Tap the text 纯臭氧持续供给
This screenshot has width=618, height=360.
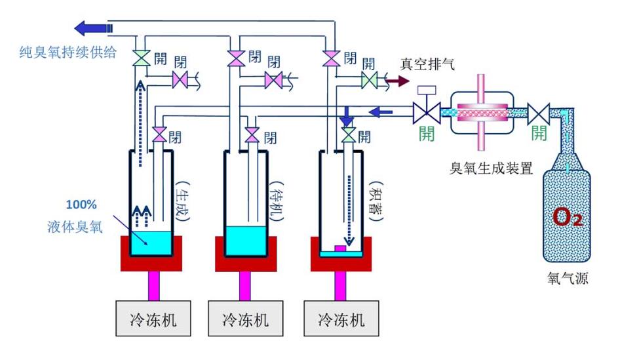[68, 52]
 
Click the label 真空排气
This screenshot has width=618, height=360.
[427, 64]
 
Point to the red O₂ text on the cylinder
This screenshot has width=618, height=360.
[567, 217]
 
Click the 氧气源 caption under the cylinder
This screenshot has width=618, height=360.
[567, 279]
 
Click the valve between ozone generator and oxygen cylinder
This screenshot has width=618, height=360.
[539, 113]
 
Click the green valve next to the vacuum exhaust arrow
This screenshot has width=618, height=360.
[369, 81]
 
